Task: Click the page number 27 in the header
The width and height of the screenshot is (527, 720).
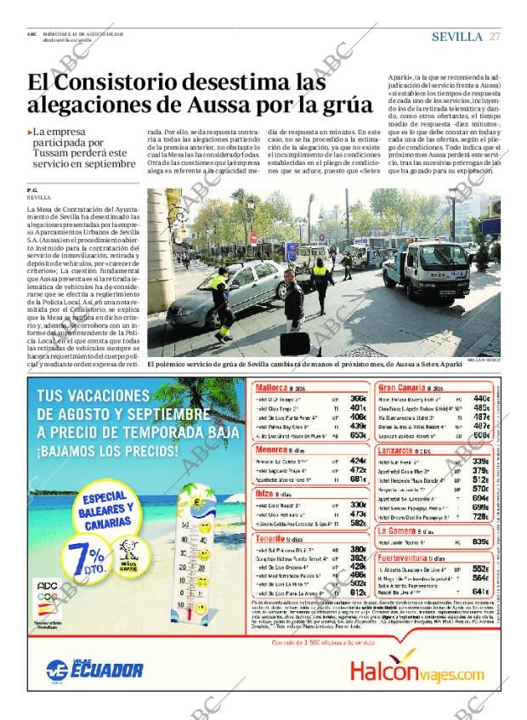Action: click(x=495, y=36)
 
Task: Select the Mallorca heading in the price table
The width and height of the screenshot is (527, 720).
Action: click(x=272, y=388)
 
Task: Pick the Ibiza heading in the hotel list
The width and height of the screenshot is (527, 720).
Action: click(x=266, y=493)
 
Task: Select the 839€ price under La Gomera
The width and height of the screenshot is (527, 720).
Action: click(x=480, y=541)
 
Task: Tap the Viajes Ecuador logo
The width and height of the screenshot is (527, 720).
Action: click(x=94, y=668)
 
